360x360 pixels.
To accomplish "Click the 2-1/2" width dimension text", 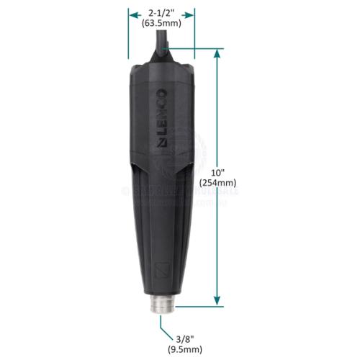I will [x=161, y=12].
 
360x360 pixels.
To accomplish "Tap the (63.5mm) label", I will [x=161, y=23].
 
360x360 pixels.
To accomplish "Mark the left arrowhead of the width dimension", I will [x=132, y=12].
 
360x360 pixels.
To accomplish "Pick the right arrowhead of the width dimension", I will [x=192, y=12].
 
